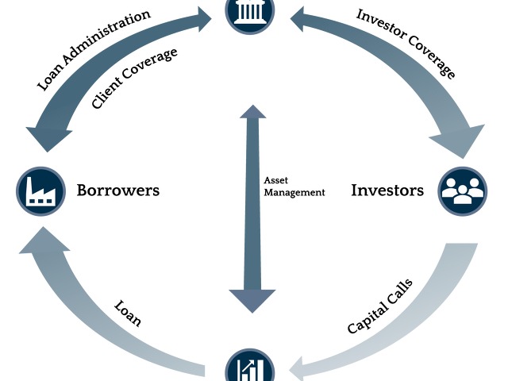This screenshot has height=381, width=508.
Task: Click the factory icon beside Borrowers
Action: [x=40, y=190]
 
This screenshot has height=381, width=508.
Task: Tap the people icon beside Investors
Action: [x=462, y=191]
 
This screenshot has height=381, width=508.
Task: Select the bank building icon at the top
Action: [x=250, y=11]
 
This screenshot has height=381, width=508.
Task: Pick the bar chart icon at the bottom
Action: [x=250, y=367]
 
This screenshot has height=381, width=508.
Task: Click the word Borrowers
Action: [x=118, y=190]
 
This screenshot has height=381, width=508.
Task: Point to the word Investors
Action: [x=387, y=190]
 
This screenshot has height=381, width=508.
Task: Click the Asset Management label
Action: [x=294, y=186]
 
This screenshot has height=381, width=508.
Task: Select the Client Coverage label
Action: [x=134, y=79]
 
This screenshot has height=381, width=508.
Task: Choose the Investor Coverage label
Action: [x=406, y=43]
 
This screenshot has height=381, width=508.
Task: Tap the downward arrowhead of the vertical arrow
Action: [x=252, y=300]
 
